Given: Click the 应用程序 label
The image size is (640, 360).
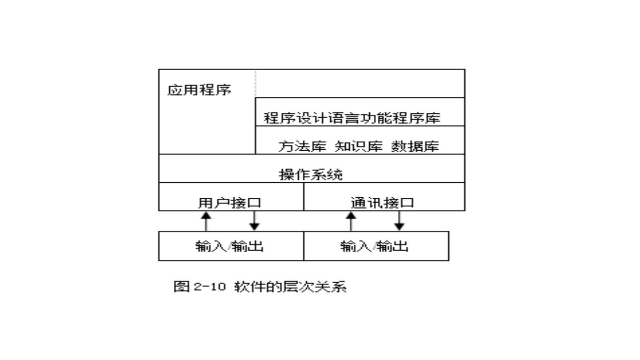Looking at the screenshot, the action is coord(199,90).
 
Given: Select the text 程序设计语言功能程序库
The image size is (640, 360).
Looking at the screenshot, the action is coord(352,118).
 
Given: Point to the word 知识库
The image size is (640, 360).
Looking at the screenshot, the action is coord(358,146).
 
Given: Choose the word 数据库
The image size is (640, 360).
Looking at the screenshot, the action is coord(415,146).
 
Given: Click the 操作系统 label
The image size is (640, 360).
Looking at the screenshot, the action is coord(311,174).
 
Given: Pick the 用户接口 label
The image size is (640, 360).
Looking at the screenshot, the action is coord(229,203).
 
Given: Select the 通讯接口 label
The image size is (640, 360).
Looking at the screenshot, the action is coord(382,203).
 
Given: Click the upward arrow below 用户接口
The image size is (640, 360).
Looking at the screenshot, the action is coord(206,221).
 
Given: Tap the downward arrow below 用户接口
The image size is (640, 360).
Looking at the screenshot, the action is coord(254,221).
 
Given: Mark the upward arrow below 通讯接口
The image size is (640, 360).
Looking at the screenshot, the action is coord(351,221).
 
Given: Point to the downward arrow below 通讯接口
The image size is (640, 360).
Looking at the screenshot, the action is coord(400,221).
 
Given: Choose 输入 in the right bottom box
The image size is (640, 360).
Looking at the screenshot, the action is coord(356,246).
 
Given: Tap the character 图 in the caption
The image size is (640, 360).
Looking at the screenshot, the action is coord(181,287).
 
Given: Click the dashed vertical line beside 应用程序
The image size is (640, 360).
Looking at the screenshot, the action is coord(256,84).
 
